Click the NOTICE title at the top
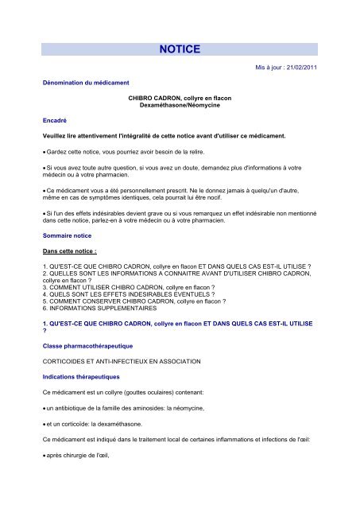(x=180, y=49)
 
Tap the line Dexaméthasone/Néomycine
(x=178, y=107)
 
